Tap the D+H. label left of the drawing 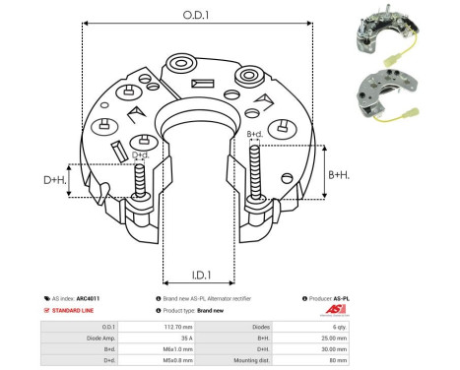[x=55, y=180]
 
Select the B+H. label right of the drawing [x=337, y=174]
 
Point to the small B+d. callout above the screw [x=253, y=134]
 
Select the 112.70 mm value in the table [x=174, y=326]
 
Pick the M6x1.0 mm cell [x=174, y=348]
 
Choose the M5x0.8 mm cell [x=174, y=360]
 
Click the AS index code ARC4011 [x=89, y=298]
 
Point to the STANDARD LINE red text [x=75, y=310]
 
